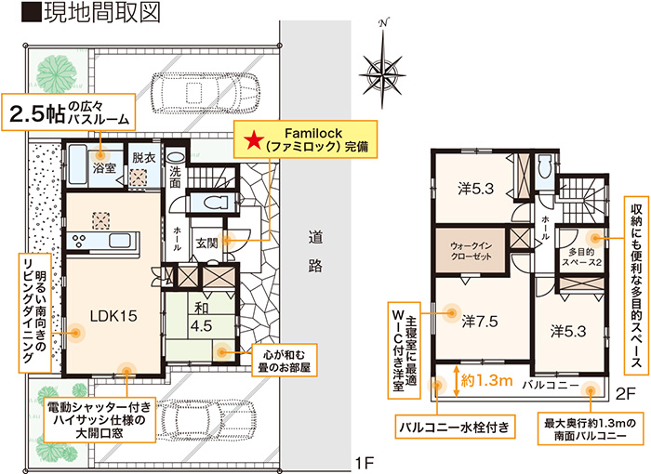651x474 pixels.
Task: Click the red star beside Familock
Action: [253, 140]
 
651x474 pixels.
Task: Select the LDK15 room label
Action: [113, 316]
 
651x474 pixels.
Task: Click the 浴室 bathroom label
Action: [104, 168]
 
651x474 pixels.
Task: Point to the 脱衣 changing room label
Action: [144, 158]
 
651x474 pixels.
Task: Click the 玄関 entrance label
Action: [206, 244]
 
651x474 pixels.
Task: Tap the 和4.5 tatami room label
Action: [202, 317]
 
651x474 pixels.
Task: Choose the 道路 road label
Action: [315, 252]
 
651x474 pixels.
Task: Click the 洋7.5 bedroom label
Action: [480, 322]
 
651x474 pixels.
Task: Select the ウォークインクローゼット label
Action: [471, 251]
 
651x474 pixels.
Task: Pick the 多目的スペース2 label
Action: [581, 257]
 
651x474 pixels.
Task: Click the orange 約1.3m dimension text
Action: [486, 380]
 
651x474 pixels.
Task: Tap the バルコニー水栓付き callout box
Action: [455, 427]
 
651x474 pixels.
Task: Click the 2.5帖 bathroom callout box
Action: [69, 112]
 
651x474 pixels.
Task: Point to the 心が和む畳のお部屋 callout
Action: [285, 361]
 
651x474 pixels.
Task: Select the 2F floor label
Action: [625, 394]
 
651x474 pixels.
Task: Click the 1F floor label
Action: [365, 463]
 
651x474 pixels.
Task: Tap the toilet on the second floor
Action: [544, 169]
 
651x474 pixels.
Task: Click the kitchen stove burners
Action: [80, 241]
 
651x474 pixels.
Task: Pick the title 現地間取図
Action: [91, 13]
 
